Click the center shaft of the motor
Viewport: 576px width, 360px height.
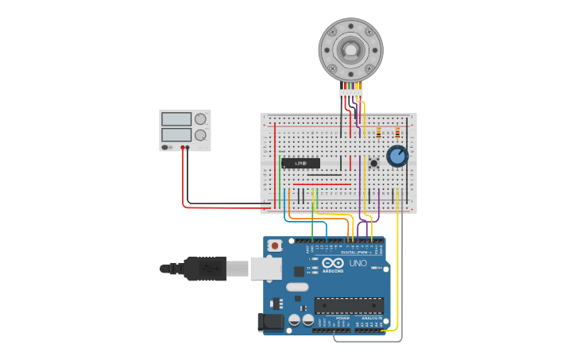350,49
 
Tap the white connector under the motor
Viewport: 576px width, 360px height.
350,94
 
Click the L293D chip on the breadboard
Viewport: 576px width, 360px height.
300,163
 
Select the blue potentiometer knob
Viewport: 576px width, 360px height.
397,156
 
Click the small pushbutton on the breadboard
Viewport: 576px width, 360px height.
373,163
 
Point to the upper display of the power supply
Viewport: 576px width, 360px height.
176,119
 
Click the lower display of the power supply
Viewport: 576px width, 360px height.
176,135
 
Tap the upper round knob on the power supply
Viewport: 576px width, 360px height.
200,119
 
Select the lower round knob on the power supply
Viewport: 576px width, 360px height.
200,135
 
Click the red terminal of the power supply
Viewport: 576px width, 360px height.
183,147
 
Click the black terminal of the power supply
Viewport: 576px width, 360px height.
188,147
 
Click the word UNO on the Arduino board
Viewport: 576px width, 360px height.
358,263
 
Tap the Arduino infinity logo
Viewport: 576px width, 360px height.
334,263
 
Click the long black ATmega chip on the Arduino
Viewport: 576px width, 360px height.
349,305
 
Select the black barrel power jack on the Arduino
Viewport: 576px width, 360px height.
270,322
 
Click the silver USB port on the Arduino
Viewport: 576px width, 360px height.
266,268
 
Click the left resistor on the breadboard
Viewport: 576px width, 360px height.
378,132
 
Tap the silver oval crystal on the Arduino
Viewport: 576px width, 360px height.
296,287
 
